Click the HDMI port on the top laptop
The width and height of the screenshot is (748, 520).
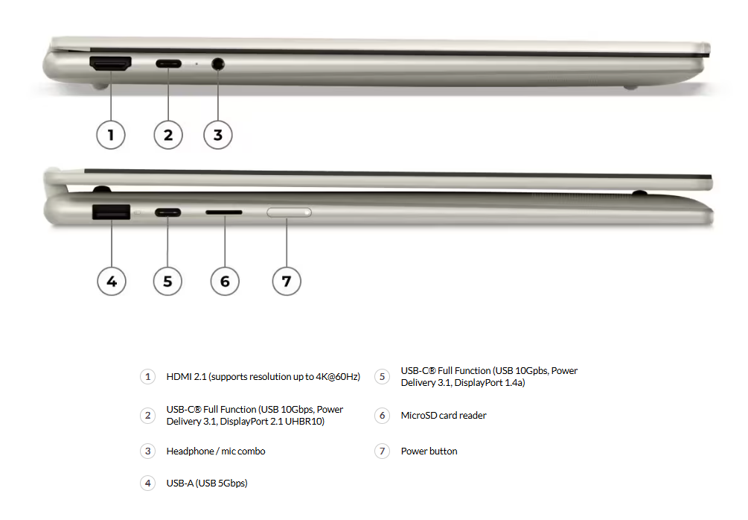[110, 63]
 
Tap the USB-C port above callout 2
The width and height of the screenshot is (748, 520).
[168, 63]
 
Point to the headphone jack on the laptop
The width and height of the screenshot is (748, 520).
[217, 63]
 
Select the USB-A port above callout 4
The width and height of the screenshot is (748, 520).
[111, 212]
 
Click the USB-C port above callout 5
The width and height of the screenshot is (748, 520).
[168, 212]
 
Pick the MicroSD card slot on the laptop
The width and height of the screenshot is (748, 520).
[224, 212]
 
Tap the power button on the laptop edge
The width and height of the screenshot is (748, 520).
[289, 212]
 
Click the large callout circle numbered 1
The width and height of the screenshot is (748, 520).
[111, 135]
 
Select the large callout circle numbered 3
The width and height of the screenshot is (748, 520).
[218, 135]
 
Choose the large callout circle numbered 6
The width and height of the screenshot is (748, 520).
[225, 282]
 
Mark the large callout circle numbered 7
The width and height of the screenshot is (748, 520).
[287, 282]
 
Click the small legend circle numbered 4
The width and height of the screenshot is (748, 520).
[148, 483]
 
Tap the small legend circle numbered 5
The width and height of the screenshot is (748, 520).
[382, 377]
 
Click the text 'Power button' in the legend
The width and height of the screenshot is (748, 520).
[429, 451]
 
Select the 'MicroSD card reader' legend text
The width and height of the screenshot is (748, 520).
[444, 416]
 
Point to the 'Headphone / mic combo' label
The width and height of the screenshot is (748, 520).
[216, 451]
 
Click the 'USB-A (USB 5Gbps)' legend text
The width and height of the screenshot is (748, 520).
[207, 483]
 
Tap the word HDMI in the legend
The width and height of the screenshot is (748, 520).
[179, 377]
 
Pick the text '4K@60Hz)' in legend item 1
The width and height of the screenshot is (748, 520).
[338, 377]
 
